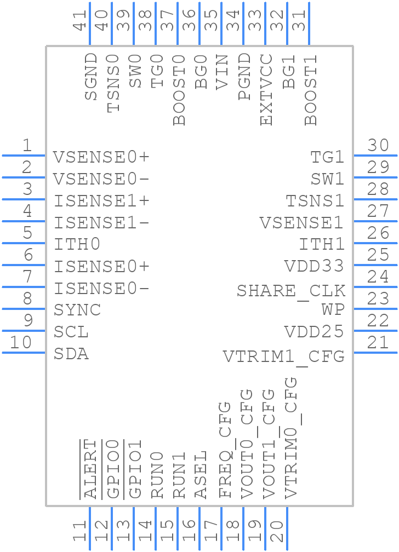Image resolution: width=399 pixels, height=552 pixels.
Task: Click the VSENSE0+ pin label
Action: pos(101,158)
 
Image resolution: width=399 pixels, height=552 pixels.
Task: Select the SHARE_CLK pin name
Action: pos(290,290)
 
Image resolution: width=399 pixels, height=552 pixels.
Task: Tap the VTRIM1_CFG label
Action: pos(283,357)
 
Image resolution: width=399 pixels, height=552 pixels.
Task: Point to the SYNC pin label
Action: pos(77,310)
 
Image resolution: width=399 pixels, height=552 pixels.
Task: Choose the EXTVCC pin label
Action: pos(266,90)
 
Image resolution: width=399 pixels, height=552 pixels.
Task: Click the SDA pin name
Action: pos(71,354)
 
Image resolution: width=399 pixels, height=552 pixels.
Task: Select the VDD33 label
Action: pos(314,267)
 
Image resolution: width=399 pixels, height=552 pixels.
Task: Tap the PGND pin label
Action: pos(244,77)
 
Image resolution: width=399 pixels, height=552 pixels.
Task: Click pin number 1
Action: pos(26,146)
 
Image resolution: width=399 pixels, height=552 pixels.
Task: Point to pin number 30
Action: pos(378,146)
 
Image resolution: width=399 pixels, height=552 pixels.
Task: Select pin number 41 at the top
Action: pos(81,21)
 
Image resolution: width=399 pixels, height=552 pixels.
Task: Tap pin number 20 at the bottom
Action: pos(278,531)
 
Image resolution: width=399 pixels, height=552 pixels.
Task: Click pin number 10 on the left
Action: pos(21,343)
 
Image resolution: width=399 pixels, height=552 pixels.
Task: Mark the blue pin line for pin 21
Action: pos(375,353)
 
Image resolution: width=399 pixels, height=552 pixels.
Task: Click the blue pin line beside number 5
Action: pos(23,243)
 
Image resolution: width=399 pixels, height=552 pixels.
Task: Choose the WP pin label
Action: pos(333,310)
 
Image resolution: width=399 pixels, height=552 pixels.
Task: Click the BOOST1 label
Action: pos(311,90)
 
